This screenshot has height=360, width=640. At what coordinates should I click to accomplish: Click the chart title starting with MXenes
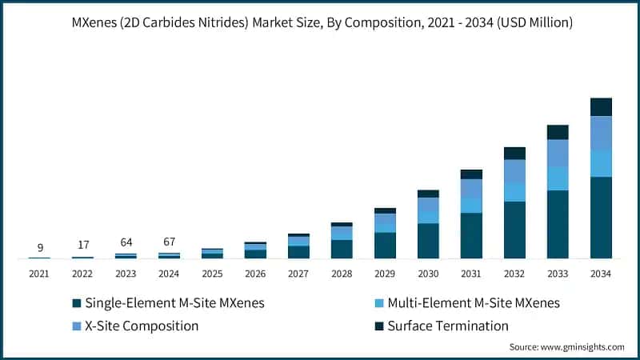click(x=320, y=22)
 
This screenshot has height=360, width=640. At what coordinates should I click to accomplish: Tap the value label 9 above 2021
click(x=39, y=247)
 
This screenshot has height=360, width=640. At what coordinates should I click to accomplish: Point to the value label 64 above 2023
click(x=126, y=242)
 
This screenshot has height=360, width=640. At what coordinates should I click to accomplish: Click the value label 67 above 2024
click(x=169, y=242)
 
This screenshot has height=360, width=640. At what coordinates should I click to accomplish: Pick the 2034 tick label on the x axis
click(x=600, y=274)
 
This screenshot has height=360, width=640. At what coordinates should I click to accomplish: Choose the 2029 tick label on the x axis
click(x=385, y=274)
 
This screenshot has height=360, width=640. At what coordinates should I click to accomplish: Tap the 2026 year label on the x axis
click(x=255, y=274)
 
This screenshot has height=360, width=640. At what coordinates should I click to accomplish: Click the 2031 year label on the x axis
click(x=471, y=274)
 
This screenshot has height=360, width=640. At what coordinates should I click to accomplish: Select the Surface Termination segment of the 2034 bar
click(x=601, y=107)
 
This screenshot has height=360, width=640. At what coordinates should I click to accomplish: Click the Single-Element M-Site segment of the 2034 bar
click(x=601, y=218)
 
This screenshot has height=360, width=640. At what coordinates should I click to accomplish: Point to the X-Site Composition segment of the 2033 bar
click(x=558, y=153)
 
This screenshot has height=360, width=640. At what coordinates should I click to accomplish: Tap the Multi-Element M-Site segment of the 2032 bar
click(x=514, y=192)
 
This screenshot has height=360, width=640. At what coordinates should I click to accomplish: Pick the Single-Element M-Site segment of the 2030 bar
click(x=428, y=241)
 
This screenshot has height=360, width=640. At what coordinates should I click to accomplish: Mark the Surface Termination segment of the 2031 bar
click(x=471, y=174)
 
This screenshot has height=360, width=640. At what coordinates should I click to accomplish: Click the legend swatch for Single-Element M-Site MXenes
click(x=76, y=303)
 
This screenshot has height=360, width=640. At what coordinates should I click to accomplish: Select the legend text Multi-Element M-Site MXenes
click(x=474, y=303)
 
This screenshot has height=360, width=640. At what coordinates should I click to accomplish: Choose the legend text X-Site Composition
click(x=141, y=326)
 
